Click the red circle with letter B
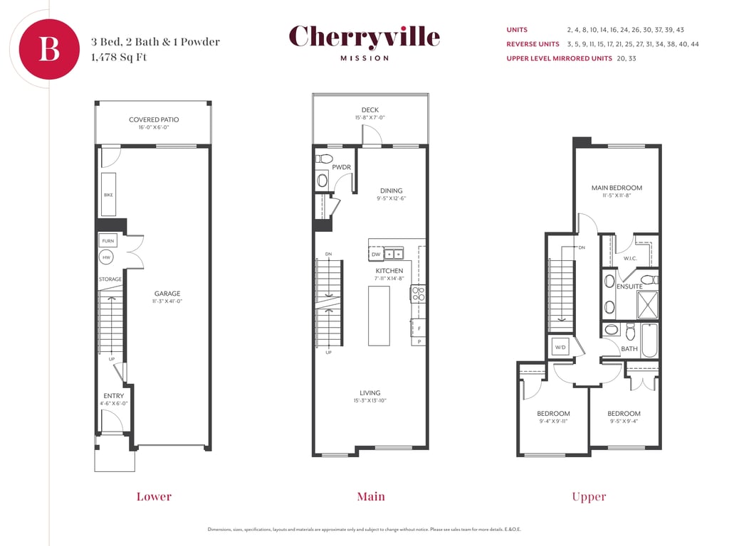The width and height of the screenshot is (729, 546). pos(49,49)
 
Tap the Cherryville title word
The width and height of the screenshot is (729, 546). pos(364,37)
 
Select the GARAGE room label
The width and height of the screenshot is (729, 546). pos(167,294)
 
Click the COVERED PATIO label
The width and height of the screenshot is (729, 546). pos(154,119)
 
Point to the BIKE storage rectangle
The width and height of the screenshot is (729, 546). pos(108,195)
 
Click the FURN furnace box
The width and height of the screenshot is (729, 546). pos(108,241)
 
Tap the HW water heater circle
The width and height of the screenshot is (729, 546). pos(107,257)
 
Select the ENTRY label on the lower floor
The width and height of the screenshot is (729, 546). pos(114,395)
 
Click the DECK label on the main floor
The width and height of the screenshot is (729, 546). pos(370,109)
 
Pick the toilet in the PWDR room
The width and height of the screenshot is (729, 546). pos(324,159)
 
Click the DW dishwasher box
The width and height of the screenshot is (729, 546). pos(376,254)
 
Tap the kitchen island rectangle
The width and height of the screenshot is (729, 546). pos(379,316)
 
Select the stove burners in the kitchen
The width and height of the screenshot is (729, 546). pos(418,294)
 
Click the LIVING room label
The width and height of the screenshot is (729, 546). pos(370,392)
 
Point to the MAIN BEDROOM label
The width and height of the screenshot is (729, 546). pos(617,188)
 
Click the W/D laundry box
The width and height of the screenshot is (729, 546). pos(561,347)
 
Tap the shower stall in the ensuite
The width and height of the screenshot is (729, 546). pos(647,304)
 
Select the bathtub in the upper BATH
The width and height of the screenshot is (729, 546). pos(649,341)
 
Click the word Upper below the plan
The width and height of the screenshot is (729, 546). pos(589,497)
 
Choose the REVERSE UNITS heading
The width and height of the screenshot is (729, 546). pos(533,44)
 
